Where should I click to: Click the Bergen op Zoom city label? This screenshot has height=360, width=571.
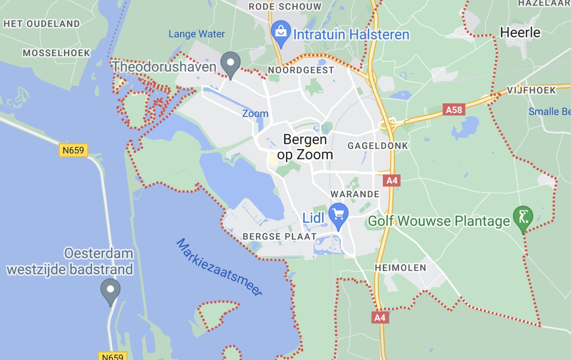tap(305, 147)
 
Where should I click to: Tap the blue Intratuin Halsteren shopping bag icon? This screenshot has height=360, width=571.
tap(279, 31)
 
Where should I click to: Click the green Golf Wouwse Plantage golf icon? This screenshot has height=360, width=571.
tap(523, 217)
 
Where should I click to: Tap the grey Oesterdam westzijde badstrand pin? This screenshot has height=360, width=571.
tap(110, 291)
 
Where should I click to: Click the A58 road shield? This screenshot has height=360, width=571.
tap(453, 109)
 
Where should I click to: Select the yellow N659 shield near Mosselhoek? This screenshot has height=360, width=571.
tap(74, 150)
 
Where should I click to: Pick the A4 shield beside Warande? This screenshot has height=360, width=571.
tap(391, 181)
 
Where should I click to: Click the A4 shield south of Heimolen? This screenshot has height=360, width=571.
tap(380, 317)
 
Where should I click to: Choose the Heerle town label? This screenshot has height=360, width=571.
tap(520, 33)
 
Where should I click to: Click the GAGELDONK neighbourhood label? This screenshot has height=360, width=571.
tap(378, 146)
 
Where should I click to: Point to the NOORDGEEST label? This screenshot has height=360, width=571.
tap(301, 70)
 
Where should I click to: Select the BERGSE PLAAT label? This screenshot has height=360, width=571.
tap(279, 236)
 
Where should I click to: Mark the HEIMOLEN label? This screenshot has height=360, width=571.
tap(401, 267)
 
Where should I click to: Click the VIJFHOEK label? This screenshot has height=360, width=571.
tap(532, 90)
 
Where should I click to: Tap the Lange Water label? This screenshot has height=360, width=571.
tap(197, 34)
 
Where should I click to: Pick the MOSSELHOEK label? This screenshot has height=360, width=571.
tap(56, 52)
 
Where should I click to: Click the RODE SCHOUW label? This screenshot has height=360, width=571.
tap(285, 7)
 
